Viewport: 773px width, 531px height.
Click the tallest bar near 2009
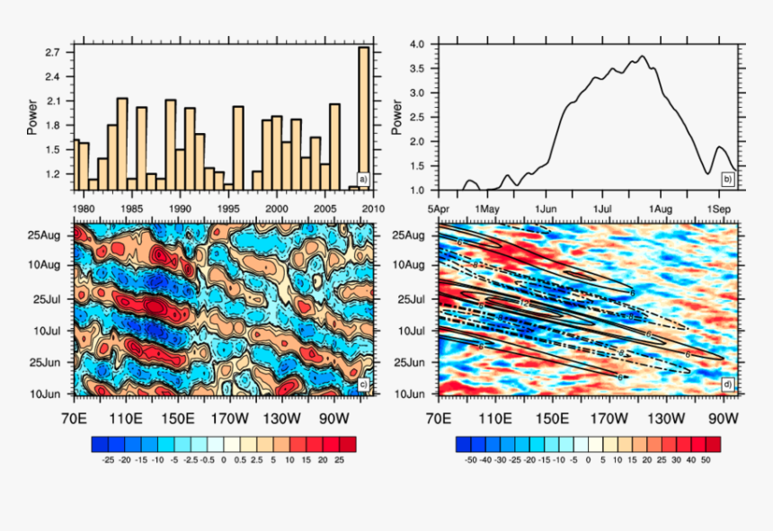point(363,117)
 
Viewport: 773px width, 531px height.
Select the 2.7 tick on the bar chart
point(51,52)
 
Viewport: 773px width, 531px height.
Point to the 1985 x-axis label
point(132,208)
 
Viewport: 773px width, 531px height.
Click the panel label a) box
point(363,178)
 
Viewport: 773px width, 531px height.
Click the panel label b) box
point(727,178)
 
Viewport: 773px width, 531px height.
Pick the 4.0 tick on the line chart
point(418,44)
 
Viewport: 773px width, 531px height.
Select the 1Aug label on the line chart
point(661,208)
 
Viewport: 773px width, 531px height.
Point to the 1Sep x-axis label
point(719,208)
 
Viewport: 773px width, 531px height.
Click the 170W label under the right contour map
point(609,418)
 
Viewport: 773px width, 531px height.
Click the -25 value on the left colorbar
point(109,458)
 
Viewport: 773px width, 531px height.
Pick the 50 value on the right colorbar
point(706,458)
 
